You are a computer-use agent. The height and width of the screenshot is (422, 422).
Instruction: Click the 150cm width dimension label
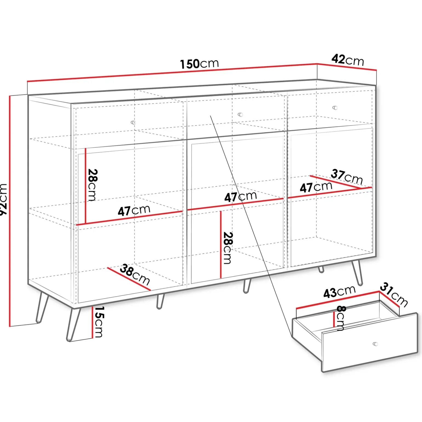click(199, 64)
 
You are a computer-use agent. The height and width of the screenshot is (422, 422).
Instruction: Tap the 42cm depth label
click(348, 60)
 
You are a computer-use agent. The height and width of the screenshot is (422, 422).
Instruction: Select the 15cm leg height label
click(99, 322)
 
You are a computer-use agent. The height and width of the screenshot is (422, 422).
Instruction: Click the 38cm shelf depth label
click(135, 274)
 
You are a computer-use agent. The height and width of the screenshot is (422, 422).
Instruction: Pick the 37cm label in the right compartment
click(347, 177)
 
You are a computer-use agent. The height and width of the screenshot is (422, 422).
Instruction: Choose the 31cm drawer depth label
click(394, 294)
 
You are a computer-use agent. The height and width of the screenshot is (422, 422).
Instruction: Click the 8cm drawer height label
click(341, 318)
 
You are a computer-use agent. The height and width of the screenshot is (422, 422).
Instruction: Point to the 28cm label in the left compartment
click(93, 185)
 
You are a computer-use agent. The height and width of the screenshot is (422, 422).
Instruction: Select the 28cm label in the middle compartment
click(228, 248)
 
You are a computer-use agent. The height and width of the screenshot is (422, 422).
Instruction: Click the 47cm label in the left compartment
click(134, 210)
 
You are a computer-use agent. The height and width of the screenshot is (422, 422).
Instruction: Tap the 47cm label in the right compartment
click(316, 187)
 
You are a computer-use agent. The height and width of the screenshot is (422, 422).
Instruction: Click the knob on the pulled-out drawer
click(375, 344)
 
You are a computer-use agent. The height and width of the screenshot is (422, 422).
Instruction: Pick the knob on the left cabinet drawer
click(133, 122)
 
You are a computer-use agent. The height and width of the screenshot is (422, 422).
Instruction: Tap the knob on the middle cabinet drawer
click(240, 115)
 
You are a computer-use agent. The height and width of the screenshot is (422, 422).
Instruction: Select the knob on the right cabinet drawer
click(335, 108)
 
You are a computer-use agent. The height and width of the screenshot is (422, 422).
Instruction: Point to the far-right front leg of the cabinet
click(358, 273)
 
